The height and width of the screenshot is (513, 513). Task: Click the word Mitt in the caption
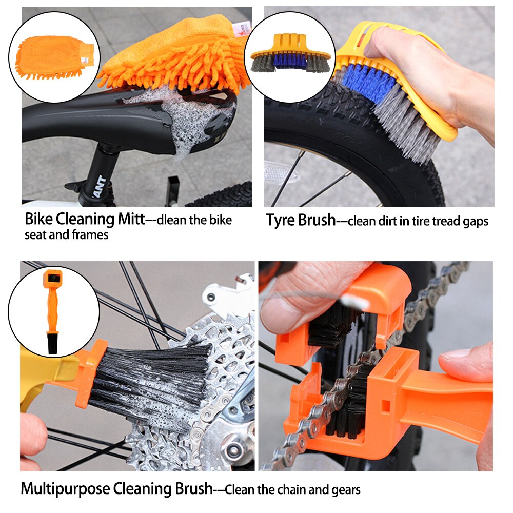click(x=130, y=220)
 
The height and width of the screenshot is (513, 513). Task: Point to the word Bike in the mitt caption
click(x=38, y=220)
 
